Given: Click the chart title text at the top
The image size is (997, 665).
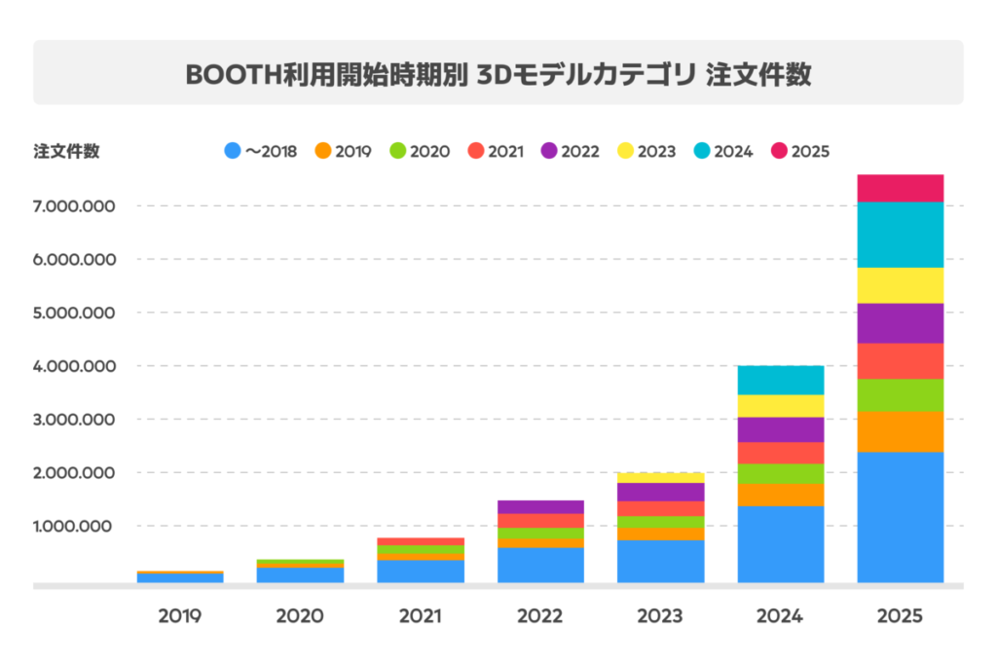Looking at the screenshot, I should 498,74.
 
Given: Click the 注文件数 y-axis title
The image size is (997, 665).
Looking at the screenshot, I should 66,151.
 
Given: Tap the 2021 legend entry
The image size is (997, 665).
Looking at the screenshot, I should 497,151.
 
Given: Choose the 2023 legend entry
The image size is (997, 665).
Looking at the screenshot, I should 647,151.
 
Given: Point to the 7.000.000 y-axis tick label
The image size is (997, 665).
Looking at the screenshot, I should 74,206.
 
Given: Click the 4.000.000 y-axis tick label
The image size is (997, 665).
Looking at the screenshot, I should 74,366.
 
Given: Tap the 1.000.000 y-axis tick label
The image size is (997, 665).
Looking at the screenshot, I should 74,526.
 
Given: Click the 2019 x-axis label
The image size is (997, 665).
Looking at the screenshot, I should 180,616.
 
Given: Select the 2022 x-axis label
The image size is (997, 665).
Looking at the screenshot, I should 540,616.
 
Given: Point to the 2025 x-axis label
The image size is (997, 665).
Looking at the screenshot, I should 901,616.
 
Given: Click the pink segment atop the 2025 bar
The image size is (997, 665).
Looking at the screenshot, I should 901,188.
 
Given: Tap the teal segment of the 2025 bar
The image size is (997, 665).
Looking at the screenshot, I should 901,234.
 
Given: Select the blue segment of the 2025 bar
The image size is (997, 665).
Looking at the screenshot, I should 901,516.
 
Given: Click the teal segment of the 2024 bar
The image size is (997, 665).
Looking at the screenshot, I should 781,380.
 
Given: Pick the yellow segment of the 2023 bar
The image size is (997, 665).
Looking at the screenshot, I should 661,477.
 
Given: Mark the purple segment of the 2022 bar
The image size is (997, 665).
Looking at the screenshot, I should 540,506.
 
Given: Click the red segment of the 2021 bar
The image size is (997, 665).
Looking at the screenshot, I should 421,541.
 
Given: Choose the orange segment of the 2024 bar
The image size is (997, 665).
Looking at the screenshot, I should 781,495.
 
